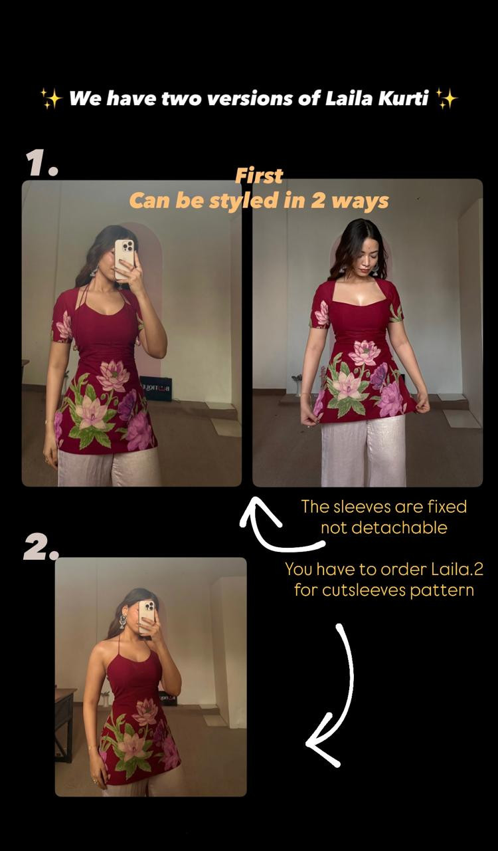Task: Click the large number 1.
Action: click(x=41, y=163)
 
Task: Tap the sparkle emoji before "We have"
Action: click(x=51, y=99)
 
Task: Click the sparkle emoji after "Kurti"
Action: click(x=447, y=99)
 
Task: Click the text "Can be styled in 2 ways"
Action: click(x=258, y=200)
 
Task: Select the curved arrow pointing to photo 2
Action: click(x=332, y=698)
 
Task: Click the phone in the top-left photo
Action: click(x=124, y=258)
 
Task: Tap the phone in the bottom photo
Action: click(x=147, y=616)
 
